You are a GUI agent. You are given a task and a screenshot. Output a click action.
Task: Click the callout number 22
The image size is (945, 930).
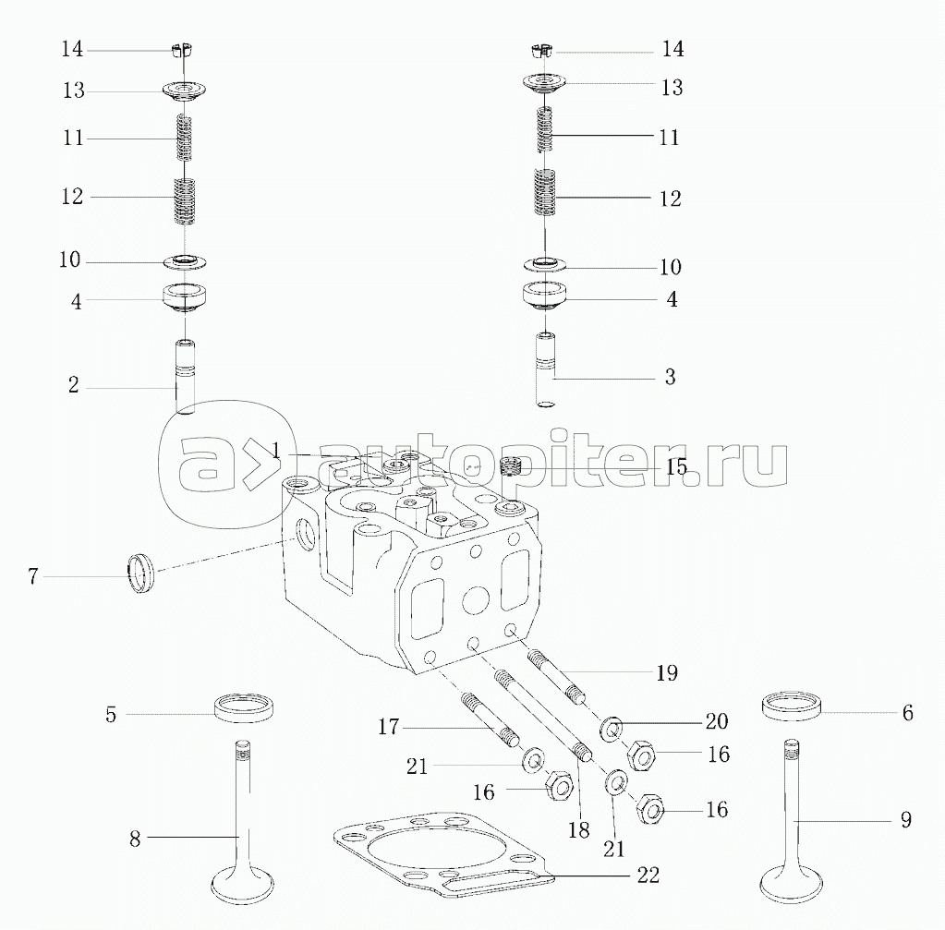(648, 876)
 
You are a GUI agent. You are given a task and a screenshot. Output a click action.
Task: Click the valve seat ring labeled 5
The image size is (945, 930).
(244, 710)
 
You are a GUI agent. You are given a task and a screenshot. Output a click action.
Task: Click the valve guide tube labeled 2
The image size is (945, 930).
(186, 378)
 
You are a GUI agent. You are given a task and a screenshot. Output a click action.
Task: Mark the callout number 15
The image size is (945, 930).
(676, 466)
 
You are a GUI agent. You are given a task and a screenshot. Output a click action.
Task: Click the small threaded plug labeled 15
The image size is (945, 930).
(511, 465)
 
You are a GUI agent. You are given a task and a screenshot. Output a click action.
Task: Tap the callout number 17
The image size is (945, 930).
(389, 727)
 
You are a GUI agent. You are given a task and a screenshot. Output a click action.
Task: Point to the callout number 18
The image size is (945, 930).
(578, 829)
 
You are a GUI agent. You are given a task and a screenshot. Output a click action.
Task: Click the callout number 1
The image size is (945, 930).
(276, 450)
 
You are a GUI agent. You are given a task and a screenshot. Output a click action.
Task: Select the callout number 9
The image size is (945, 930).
(905, 819)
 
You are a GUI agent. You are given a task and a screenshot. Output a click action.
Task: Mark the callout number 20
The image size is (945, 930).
(717, 721)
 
